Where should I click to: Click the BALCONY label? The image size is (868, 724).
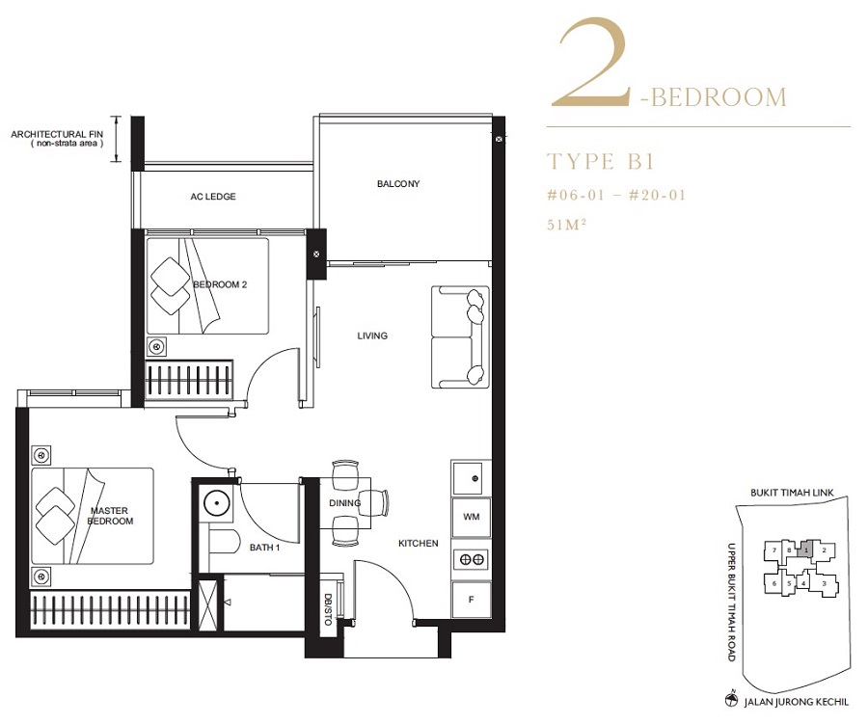[x=398, y=184]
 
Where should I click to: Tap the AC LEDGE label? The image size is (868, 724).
[x=213, y=197]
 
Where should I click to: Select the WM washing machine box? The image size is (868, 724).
[x=471, y=517]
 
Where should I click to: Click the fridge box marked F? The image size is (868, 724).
[x=471, y=599]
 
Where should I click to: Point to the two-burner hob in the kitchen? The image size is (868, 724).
[x=471, y=559]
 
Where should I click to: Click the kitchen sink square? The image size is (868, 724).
[x=471, y=477]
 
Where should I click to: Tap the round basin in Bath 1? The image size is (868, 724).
[x=217, y=503]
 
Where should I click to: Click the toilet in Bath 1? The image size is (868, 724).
[x=224, y=543]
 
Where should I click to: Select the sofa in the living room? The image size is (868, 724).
[x=460, y=337]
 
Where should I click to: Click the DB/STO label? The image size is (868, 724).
[x=328, y=609]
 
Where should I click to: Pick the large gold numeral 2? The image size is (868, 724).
[x=592, y=63]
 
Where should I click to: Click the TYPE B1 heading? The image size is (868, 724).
[x=601, y=162]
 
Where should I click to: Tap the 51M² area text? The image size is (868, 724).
[x=566, y=225]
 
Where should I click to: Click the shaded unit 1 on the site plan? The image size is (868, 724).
[x=805, y=550]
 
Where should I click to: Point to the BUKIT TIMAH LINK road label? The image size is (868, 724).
[x=792, y=492]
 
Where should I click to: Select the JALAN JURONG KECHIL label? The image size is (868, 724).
[x=796, y=702]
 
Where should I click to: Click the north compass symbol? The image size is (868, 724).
[x=732, y=700]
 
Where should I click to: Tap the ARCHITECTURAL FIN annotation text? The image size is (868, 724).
[x=57, y=139]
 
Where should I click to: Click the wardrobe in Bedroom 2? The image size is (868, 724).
[x=189, y=379]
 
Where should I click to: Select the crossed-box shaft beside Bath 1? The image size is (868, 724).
[x=208, y=604]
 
